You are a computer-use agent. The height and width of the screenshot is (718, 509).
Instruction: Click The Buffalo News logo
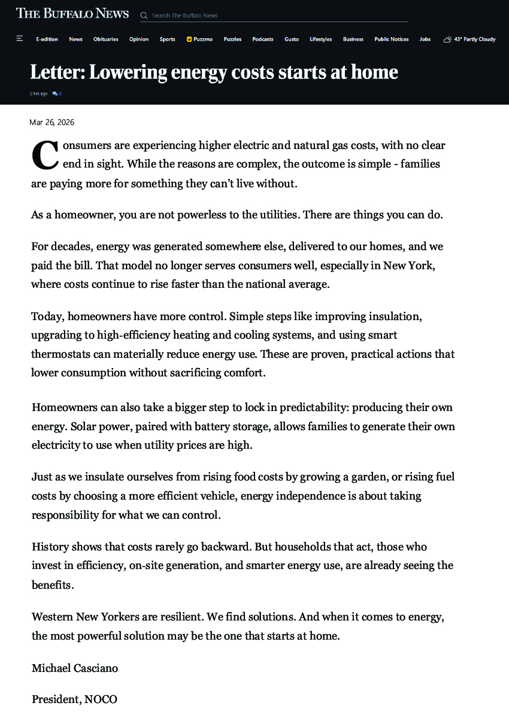point(72,13)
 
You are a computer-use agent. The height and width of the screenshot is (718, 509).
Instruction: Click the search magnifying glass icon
point(144,16)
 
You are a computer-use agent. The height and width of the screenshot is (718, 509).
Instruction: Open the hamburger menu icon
point(20,39)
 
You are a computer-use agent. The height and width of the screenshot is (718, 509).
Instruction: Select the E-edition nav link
point(47,39)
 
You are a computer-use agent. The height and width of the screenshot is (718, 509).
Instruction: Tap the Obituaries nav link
point(106,39)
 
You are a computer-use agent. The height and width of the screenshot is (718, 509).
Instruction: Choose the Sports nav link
point(168,39)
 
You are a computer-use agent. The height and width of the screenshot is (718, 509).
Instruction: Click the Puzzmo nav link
point(199,39)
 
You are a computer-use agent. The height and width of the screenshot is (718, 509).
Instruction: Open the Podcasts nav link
point(263,39)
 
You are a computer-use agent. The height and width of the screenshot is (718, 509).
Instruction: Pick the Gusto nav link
point(292,39)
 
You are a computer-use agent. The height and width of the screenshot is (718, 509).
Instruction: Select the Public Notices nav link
point(392,39)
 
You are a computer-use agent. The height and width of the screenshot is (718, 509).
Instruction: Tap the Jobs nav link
point(425,39)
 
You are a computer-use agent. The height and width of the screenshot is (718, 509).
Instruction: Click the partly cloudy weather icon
point(447,39)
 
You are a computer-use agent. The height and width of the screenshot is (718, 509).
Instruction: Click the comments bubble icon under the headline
point(55,94)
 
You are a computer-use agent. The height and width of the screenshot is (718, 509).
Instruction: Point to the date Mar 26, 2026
point(52,122)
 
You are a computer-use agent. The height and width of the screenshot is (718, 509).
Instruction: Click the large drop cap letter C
point(44,154)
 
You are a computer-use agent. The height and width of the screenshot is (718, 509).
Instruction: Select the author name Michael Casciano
point(75,668)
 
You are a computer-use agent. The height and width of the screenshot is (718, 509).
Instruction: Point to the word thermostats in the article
point(61,354)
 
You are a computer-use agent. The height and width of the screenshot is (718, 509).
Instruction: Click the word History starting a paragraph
point(50,546)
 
